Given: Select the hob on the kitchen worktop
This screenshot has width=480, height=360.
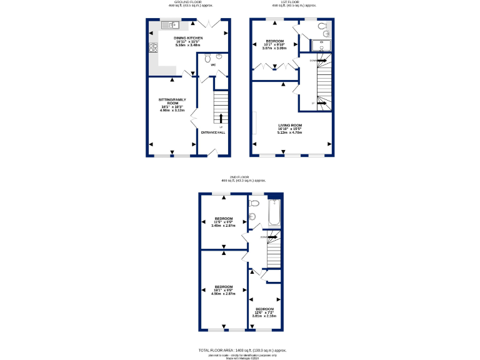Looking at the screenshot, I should coord(153,48).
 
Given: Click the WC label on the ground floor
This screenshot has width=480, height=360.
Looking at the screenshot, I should coord(213,64).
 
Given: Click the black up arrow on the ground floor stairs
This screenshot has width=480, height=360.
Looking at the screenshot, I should coord(221,117).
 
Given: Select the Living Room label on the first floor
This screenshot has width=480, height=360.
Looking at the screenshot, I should coord(290,129).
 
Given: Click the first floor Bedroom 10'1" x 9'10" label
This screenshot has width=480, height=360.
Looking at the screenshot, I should coord(274,44).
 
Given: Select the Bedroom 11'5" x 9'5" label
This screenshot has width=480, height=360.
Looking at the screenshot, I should coord(223,221).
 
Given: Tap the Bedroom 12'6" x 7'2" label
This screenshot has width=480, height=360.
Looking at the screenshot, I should coord(264,312).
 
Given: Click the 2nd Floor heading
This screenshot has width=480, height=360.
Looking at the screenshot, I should coord(239,177).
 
